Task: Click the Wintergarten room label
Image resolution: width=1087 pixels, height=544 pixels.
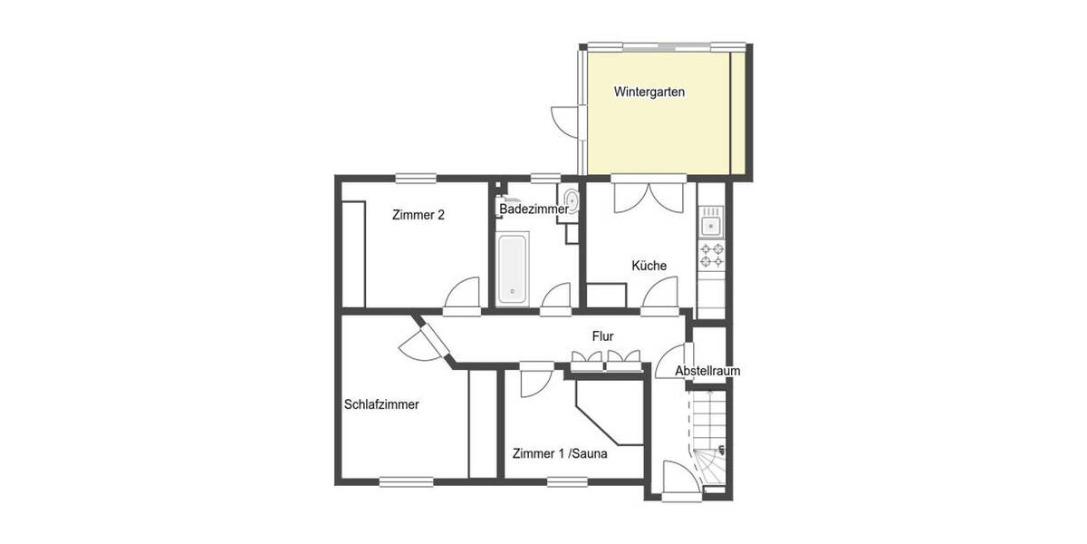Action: (x=649, y=92)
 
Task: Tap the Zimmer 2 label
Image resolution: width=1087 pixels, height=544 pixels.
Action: (x=418, y=215)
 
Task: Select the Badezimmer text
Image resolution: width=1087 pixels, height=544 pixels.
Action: (x=533, y=209)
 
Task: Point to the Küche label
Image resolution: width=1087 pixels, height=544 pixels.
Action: (x=649, y=266)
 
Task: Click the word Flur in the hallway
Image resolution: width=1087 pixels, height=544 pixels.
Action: (x=603, y=336)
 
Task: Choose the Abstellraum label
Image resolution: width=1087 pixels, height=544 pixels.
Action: (x=708, y=371)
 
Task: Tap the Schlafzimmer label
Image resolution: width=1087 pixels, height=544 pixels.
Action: (x=381, y=405)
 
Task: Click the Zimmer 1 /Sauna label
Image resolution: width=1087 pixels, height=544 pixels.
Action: (x=559, y=453)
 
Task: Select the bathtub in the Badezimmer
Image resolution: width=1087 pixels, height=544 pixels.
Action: (x=512, y=268)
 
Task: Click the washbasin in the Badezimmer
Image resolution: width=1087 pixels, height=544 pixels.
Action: (x=570, y=200)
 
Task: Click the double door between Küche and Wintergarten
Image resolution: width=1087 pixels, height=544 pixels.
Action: (x=647, y=196)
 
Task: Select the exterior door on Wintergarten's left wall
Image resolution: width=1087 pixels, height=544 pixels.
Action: (x=563, y=119)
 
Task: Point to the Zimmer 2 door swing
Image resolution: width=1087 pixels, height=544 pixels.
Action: (x=465, y=295)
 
